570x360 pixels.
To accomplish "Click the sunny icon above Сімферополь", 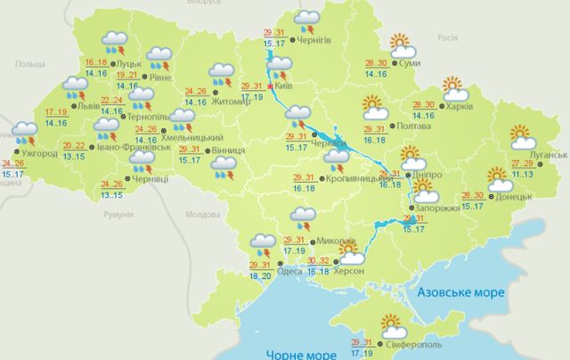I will point(391,323).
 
